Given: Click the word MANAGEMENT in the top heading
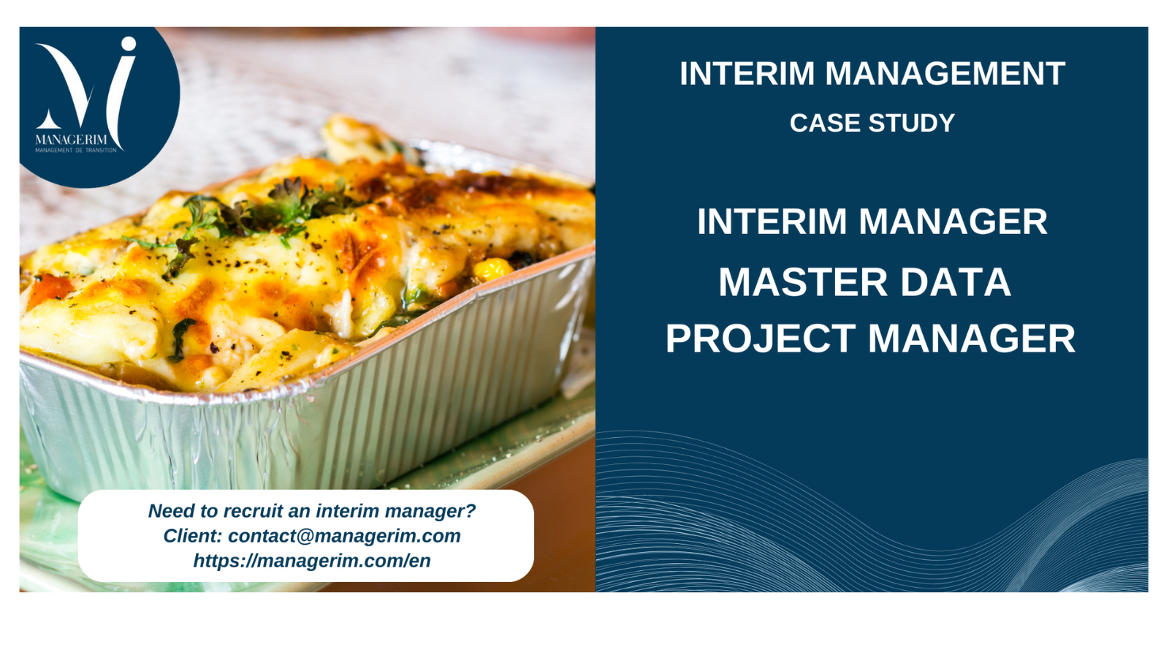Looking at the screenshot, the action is point(945,73).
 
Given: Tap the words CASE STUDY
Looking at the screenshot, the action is point(872,124).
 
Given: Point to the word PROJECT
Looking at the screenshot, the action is point(761,339).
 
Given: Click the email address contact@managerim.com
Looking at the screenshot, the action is point(344,536).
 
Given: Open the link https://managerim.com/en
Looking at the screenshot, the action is point(312,561).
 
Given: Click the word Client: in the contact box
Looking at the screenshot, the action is point(193,536).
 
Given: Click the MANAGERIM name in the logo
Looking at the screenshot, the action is point(71,140).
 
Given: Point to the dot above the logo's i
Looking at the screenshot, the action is point(128,44).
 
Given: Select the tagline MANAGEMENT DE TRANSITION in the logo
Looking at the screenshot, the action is point(76,151).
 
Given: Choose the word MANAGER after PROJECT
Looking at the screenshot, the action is point(972,339).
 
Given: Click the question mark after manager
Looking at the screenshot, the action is point(471,511).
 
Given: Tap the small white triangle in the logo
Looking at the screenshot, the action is point(48,119).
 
